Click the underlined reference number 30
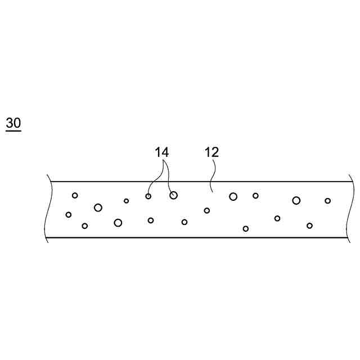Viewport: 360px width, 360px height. pyautogui.click(x=13, y=123)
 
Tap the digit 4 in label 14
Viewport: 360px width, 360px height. pyautogui.click(x=165, y=152)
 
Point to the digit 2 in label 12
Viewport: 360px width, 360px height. pyautogui.click(x=215, y=152)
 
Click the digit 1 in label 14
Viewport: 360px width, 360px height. pyautogui.click(x=159, y=152)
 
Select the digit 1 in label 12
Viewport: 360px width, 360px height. pyautogui.click(x=208, y=152)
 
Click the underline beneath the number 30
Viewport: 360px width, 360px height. pyautogui.click(x=13, y=131)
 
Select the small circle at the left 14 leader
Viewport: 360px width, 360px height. pyautogui.click(x=148, y=196)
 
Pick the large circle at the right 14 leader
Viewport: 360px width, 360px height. pyautogui.click(x=173, y=195)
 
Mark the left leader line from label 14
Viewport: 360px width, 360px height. pyautogui.click(x=155, y=177)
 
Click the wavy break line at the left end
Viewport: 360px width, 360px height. pyautogui.click(x=48, y=209)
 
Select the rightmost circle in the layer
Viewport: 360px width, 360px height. pyautogui.click(x=328, y=201)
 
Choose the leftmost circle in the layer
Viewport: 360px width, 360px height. pyautogui.click(x=69, y=214)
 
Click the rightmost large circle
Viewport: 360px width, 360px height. pyautogui.click(x=296, y=200)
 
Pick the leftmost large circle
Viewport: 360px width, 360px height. pyautogui.click(x=98, y=208)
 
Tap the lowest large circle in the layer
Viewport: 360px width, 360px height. pyautogui.click(x=118, y=223)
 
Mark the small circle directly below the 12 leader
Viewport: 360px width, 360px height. pyautogui.click(x=207, y=210)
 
